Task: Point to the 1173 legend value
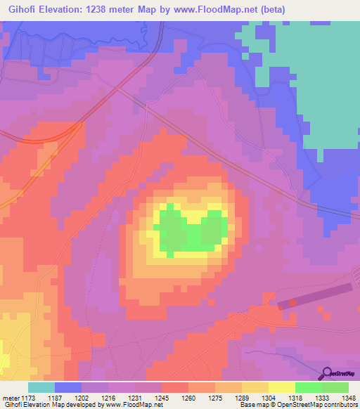[x=30, y=397]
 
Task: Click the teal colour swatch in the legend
[x=41, y=387]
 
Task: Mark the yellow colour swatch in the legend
[x=281, y=387]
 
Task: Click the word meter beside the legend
[x=10, y=397]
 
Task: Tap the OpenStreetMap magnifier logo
[x=327, y=373]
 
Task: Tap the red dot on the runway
[x=294, y=302]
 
